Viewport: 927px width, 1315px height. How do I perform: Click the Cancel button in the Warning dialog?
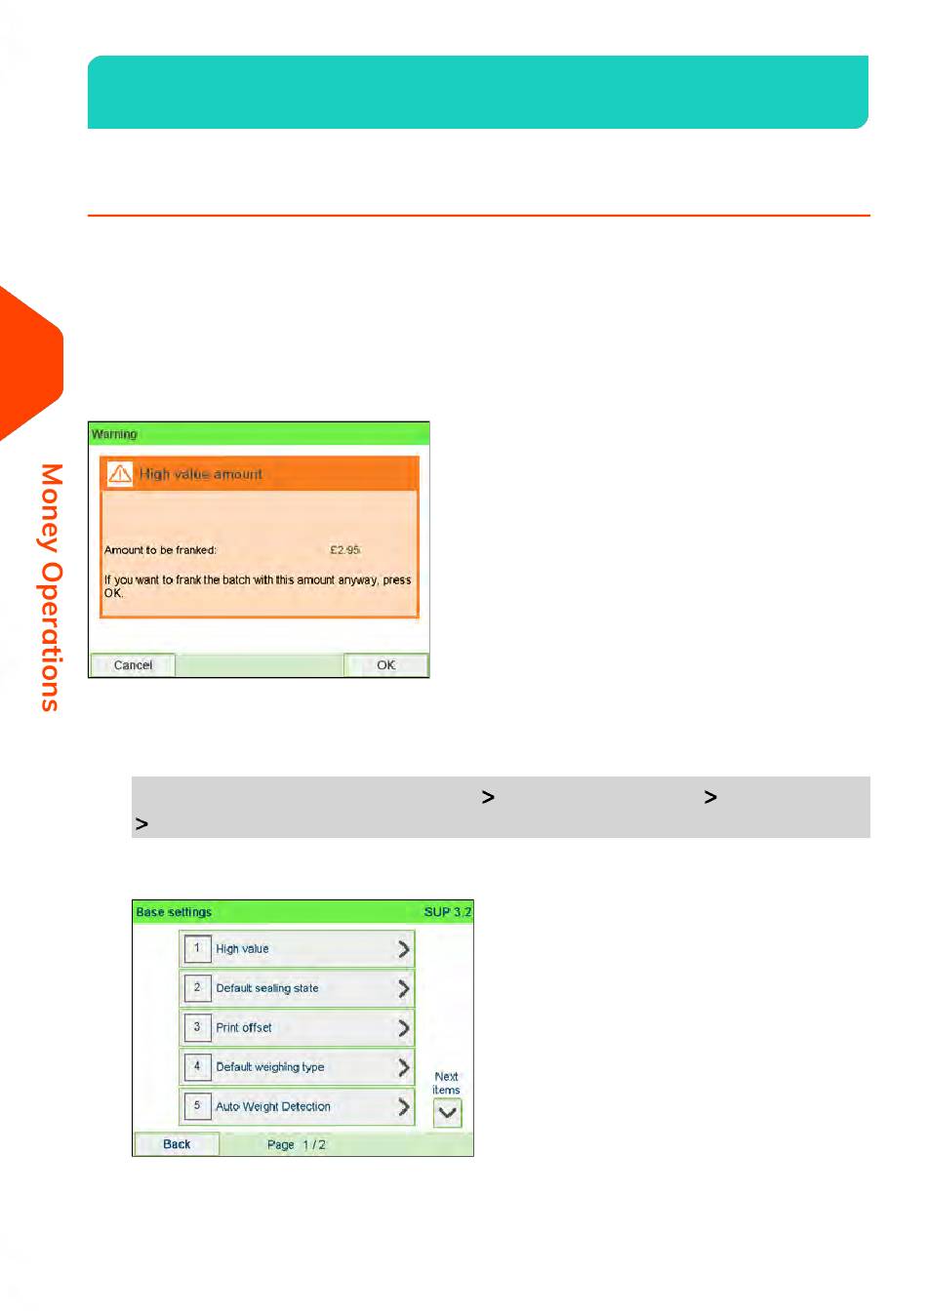133,665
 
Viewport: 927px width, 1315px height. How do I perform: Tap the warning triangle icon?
120,473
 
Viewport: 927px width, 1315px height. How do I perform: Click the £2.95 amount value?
344,550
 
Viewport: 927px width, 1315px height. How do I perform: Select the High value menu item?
297,948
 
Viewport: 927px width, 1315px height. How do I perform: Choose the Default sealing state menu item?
297,988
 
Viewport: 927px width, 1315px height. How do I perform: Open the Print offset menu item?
297,1027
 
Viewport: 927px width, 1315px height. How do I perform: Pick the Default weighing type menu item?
297,1066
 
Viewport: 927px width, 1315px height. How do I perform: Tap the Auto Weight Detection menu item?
297,1106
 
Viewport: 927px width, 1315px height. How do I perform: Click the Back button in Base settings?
177,1144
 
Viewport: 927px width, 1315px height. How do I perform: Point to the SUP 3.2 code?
447,912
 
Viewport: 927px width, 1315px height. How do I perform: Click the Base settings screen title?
174,912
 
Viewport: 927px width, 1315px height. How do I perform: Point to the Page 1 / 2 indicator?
296,1144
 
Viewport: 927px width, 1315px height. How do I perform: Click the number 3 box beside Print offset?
197,1027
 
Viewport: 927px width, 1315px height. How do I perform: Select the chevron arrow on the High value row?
403,948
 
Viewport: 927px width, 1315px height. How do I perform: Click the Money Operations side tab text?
51,587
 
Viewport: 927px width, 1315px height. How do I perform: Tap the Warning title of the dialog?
114,434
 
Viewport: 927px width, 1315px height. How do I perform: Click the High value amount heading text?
201,474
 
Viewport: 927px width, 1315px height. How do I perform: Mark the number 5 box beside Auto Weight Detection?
197,1106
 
